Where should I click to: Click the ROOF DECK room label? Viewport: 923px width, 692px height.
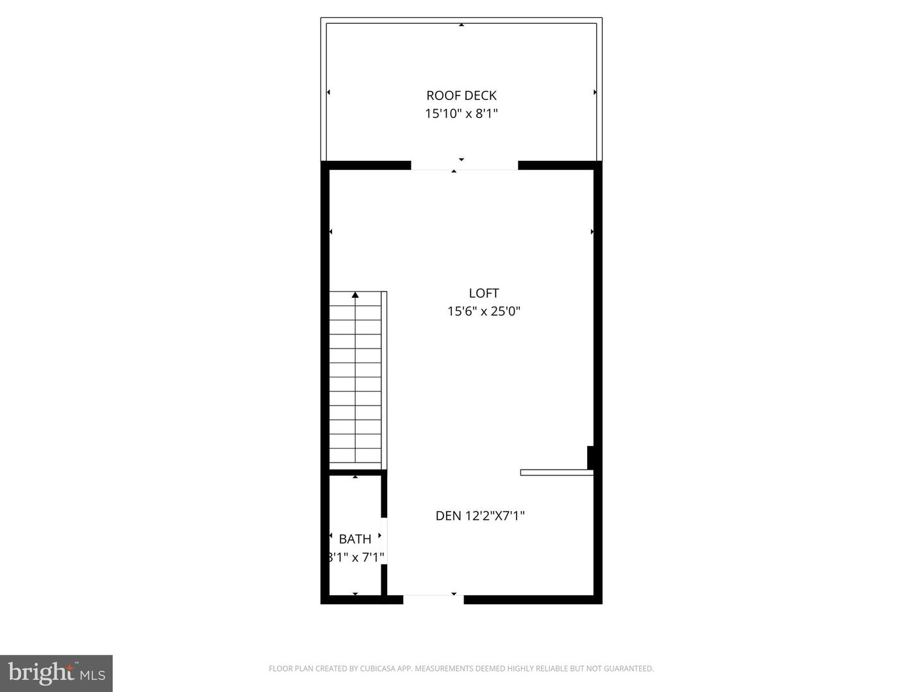point(462,96)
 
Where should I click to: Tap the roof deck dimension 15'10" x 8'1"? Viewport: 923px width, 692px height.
point(462,113)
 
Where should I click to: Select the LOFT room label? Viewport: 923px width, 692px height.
point(484,293)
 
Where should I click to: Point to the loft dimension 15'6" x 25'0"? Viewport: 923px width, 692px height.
point(484,311)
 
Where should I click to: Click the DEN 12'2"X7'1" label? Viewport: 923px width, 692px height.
point(480,516)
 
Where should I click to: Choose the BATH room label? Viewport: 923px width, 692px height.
point(355,539)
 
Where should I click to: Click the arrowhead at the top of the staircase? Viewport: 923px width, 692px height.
point(355,295)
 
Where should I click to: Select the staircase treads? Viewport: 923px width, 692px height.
point(355,377)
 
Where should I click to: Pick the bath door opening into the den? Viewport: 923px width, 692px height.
point(384,541)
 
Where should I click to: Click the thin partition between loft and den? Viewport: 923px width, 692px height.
point(557,473)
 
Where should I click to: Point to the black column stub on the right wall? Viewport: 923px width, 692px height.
point(590,457)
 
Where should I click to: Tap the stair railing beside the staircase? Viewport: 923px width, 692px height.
point(384,380)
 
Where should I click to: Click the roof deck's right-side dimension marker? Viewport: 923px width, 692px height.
point(595,92)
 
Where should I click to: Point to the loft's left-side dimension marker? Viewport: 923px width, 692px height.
point(331,231)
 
